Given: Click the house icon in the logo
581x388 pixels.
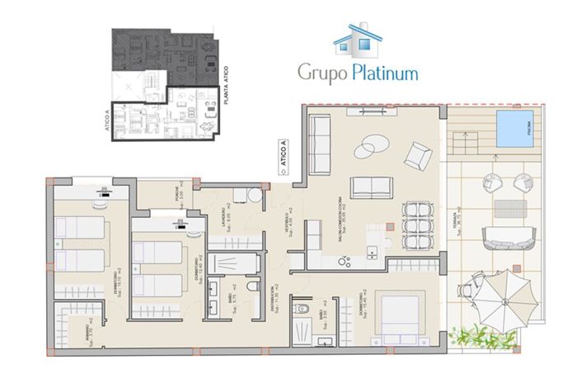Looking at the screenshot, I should [x=356, y=39].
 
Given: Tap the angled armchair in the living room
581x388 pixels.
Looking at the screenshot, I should [x=419, y=154].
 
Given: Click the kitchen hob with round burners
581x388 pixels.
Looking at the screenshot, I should [x=346, y=260].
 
